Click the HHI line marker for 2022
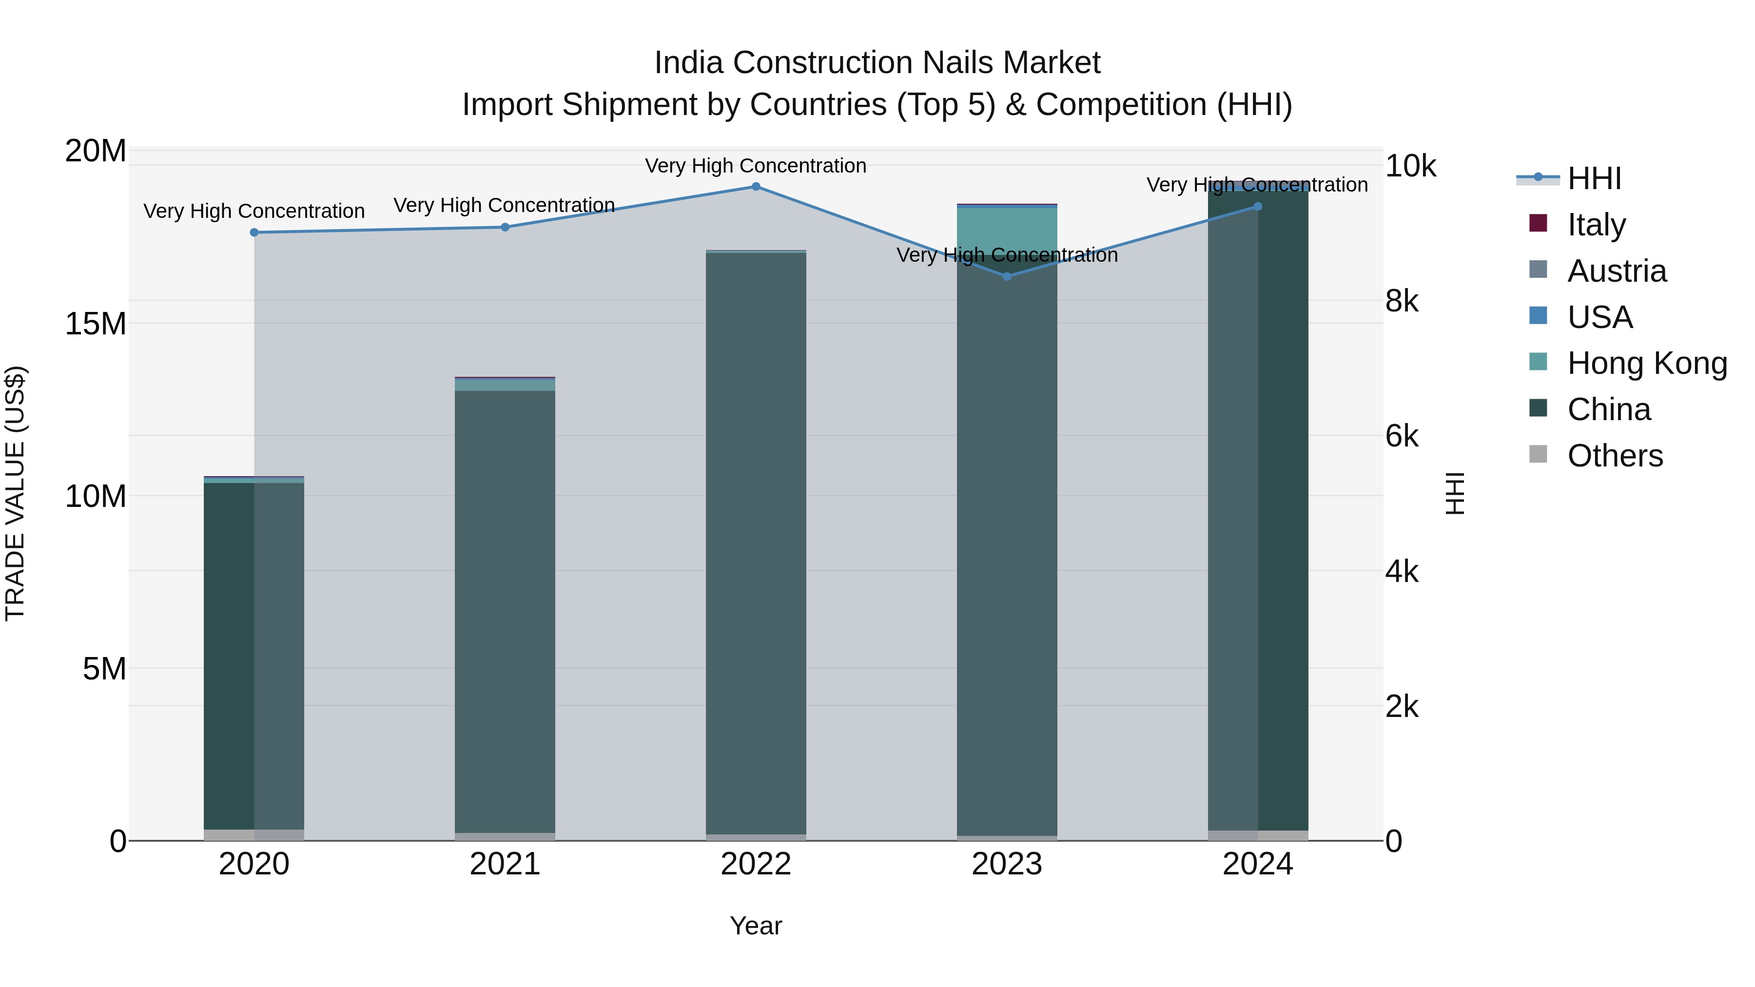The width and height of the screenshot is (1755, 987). [756, 186]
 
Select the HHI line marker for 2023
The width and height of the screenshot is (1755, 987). [1007, 276]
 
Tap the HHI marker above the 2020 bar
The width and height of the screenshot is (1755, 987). [254, 232]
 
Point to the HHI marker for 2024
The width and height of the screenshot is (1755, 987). [1258, 206]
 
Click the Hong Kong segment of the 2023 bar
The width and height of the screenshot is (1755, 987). [1007, 230]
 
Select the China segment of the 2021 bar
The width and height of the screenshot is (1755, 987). [505, 613]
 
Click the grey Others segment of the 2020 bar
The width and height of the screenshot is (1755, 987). [253, 834]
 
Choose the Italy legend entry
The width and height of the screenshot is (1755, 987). [1596, 225]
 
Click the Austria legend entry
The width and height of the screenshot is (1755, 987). [1616, 271]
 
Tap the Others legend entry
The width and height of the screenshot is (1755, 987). [1614, 456]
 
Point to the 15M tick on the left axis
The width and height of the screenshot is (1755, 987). [96, 324]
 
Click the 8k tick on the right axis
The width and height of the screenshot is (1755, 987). [1402, 301]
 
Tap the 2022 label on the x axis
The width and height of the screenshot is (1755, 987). [756, 864]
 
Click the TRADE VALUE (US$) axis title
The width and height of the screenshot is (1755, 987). [15, 493]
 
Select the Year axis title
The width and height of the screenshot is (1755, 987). [756, 926]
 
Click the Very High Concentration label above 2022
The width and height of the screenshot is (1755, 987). [756, 166]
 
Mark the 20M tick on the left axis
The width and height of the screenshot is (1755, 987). [96, 151]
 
